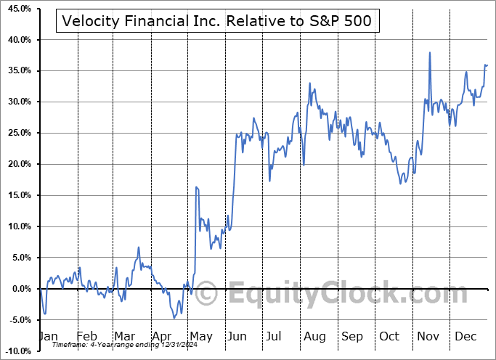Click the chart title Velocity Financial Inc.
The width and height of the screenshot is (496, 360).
[217, 22]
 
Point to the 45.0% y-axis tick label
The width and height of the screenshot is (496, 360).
[17, 9]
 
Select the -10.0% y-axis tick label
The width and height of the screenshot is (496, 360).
[17, 351]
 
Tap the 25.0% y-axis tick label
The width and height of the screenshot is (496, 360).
[17, 133]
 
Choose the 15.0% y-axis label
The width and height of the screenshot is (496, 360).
[17, 195]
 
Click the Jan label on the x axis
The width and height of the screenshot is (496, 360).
[47, 336]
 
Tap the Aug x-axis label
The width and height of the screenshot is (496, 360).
[315, 336]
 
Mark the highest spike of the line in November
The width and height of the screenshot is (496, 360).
[430, 52]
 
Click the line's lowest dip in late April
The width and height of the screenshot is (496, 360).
[174, 318]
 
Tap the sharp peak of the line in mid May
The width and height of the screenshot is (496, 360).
[196, 187]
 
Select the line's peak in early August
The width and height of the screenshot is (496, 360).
[309, 83]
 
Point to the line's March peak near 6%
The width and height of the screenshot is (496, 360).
[138, 247]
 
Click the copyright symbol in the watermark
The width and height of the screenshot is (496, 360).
[207, 294]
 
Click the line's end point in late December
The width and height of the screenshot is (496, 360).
[487, 65]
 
